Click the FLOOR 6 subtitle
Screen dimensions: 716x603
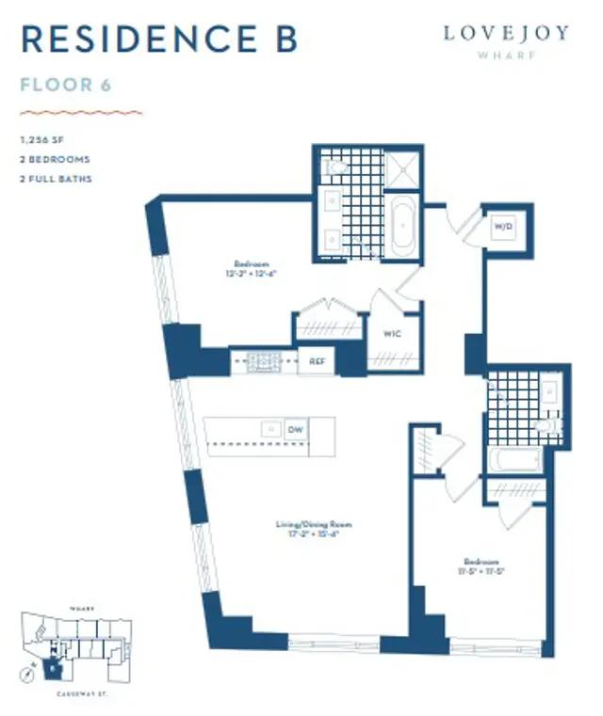point(66,86)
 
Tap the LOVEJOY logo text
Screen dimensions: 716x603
point(506,33)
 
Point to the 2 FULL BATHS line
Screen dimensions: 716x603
point(56,179)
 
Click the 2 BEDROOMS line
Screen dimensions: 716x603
point(55,159)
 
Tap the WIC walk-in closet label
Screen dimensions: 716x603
point(393,332)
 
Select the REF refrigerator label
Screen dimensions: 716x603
point(317,360)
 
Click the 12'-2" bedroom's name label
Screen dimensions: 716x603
point(250,264)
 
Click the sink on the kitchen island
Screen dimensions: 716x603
point(269,429)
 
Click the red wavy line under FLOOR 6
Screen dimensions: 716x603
point(80,111)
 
